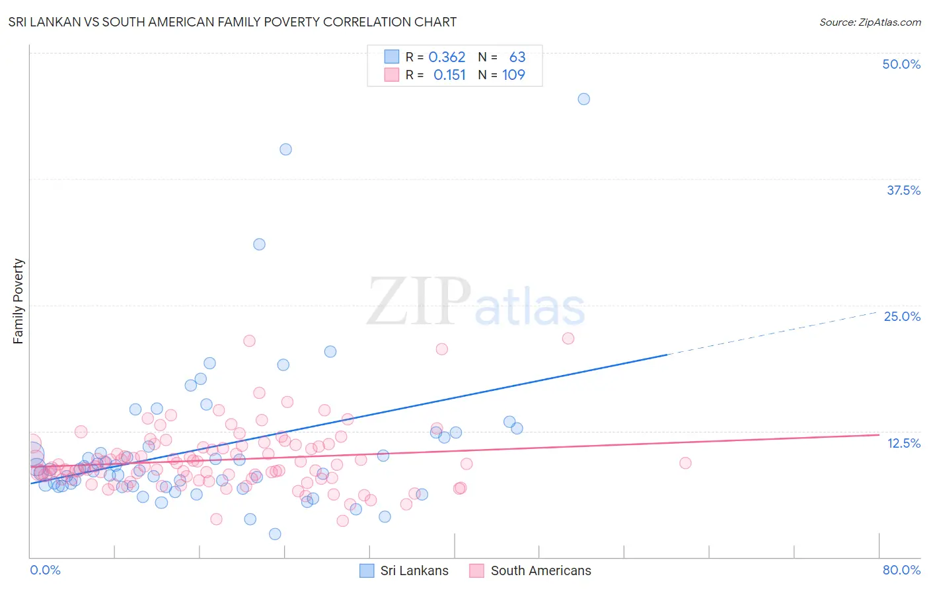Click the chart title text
point(232,22)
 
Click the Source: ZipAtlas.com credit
point(870,22)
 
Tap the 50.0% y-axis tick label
point(901,64)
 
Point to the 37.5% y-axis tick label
point(903,190)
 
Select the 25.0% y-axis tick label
point(902,316)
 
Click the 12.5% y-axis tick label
point(903,443)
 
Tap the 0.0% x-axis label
point(45,570)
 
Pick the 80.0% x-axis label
point(901,570)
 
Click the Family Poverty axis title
point(19,301)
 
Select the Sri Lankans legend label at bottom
point(414,571)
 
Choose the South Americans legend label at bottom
point(540,571)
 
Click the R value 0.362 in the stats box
point(447,57)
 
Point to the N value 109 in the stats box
point(513,75)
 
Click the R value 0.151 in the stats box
point(449,75)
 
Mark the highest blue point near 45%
point(583,99)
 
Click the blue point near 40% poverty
point(285,149)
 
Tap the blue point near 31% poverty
point(259,244)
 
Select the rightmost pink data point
point(685,463)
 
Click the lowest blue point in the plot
point(275,534)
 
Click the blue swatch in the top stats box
point(392,57)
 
